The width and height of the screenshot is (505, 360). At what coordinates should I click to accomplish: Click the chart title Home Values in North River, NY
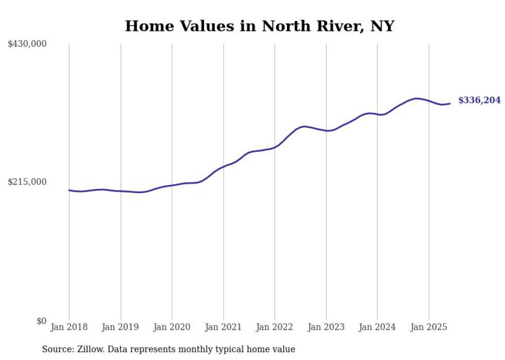[259, 26]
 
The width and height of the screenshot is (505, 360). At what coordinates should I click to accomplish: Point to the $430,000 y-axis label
[27, 44]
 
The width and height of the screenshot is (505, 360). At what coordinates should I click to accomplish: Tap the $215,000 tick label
[27, 182]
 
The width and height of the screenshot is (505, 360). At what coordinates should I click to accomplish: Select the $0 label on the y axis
[41, 321]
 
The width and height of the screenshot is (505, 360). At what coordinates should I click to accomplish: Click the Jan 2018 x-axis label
[69, 327]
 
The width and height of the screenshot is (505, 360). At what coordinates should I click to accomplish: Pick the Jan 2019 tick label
[121, 327]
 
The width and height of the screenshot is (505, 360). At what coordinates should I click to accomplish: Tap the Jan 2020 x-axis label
[172, 327]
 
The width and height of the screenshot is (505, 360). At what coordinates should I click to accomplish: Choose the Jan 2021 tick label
[223, 327]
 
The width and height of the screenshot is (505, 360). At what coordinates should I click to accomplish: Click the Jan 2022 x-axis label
[275, 327]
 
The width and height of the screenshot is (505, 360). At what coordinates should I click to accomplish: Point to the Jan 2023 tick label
[326, 327]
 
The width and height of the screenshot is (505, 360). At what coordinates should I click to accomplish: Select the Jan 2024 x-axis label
[377, 327]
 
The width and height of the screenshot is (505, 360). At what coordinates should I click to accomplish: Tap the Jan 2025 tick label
[429, 327]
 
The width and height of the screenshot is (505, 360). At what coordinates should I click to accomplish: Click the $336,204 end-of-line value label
[479, 100]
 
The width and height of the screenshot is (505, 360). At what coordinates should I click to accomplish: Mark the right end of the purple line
[450, 104]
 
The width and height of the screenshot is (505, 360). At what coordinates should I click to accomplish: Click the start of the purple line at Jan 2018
[69, 190]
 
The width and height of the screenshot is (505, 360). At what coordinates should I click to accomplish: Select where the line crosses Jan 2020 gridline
[172, 185]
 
